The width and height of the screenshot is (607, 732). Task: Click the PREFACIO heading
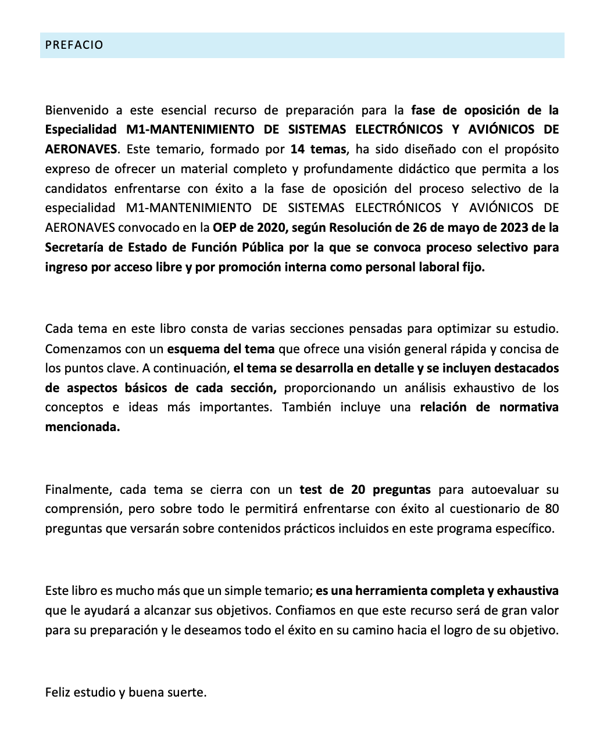[74, 45]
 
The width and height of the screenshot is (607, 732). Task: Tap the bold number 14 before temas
[298, 149]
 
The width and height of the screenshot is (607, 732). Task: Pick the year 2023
[510, 228]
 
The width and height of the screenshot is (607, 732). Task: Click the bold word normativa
[529, 407]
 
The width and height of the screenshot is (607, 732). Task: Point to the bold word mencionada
[83, 427]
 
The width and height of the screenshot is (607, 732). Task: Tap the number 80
[552, 509]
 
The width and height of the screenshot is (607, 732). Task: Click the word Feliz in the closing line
[58, 692]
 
